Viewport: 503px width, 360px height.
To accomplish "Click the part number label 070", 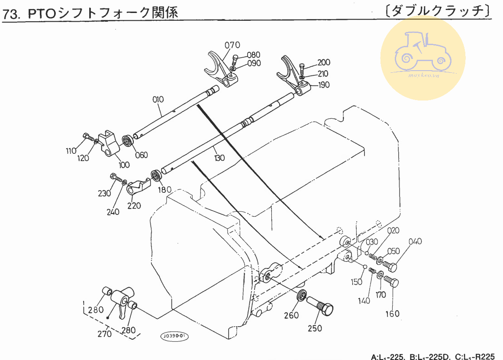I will point(232,45).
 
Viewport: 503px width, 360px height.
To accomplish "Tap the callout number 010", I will point(158,99).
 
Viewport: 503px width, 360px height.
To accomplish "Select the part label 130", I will point(219,158).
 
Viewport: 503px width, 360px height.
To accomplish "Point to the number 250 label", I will point(315,328).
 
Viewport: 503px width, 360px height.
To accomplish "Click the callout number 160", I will point(392,314).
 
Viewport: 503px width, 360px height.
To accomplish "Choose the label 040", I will point(414,241).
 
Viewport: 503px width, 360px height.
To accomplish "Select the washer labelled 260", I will point(302,297).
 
